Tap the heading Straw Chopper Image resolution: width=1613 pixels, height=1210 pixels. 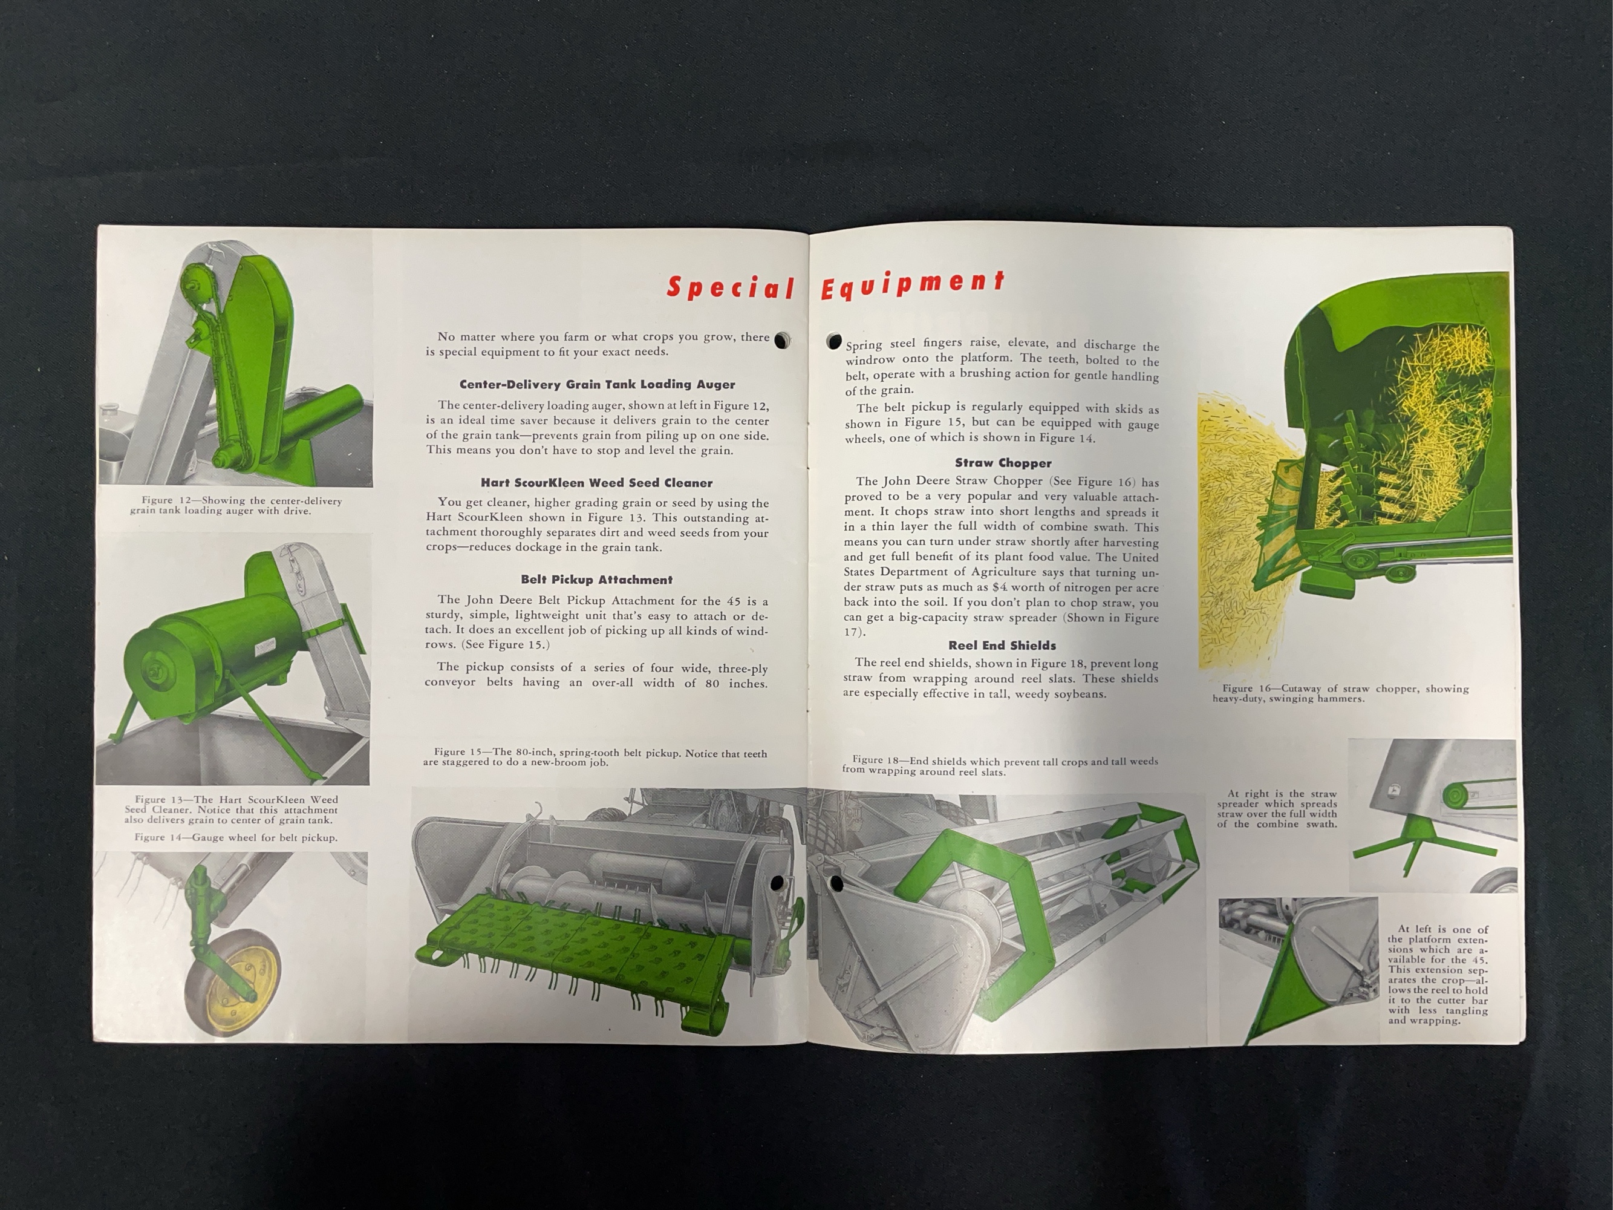click(x=1003, y=462)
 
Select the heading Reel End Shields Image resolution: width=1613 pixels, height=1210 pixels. click(x=1002, y=645)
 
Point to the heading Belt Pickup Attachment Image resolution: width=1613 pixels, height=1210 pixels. click(x=596, y=579)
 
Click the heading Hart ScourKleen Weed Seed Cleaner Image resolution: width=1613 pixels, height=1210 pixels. click(x=596, y=482)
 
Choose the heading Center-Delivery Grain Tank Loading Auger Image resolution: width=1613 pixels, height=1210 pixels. click(x=597, y=384)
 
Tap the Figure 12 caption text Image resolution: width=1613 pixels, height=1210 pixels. click(x=236, y=505)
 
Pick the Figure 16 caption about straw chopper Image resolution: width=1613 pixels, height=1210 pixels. click(x=1340, y=693)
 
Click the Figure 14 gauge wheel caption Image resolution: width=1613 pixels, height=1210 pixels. click(x=235, y=837)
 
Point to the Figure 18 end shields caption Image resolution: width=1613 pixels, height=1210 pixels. click(x=1000, y=766)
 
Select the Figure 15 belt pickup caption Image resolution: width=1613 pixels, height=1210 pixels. click(x=595, y=757)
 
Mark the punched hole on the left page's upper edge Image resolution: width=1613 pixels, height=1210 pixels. click(x=782, y=340)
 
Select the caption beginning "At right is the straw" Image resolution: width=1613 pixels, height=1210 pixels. click(x=1276, y=808)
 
